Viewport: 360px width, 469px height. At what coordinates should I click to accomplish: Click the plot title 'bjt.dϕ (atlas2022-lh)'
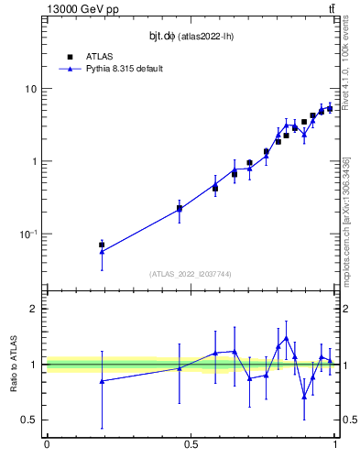pos(190,37)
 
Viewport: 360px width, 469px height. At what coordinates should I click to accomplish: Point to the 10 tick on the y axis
pos(32,89)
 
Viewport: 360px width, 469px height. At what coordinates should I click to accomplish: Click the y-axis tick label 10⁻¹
pos(29,234)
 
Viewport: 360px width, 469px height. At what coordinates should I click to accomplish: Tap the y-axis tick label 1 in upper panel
pos(35,161)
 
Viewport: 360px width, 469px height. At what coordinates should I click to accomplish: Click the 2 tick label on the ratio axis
pos(35,309)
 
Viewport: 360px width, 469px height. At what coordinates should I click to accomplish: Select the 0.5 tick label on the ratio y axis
pos(30,420)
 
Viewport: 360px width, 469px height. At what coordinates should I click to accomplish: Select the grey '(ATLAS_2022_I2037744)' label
pos(190,273)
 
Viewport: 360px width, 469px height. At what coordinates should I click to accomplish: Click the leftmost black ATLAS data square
pos(102,245)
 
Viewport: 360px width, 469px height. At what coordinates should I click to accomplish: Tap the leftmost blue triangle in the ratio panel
pos(102,381)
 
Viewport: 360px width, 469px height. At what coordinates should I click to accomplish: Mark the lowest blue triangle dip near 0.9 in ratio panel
pos(304,396)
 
